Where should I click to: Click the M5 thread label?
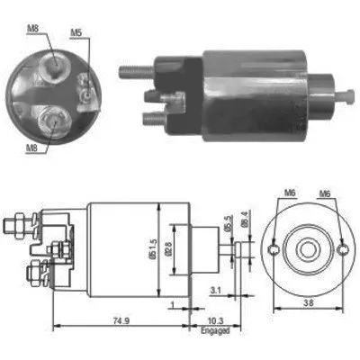(78, 35)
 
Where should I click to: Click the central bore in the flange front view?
(306, 247)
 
